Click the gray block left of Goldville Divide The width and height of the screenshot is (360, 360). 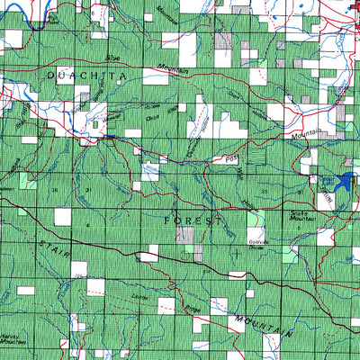click(185, 235)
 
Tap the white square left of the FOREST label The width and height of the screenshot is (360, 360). click(62, 216)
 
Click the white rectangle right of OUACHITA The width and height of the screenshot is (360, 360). click(155, 76)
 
